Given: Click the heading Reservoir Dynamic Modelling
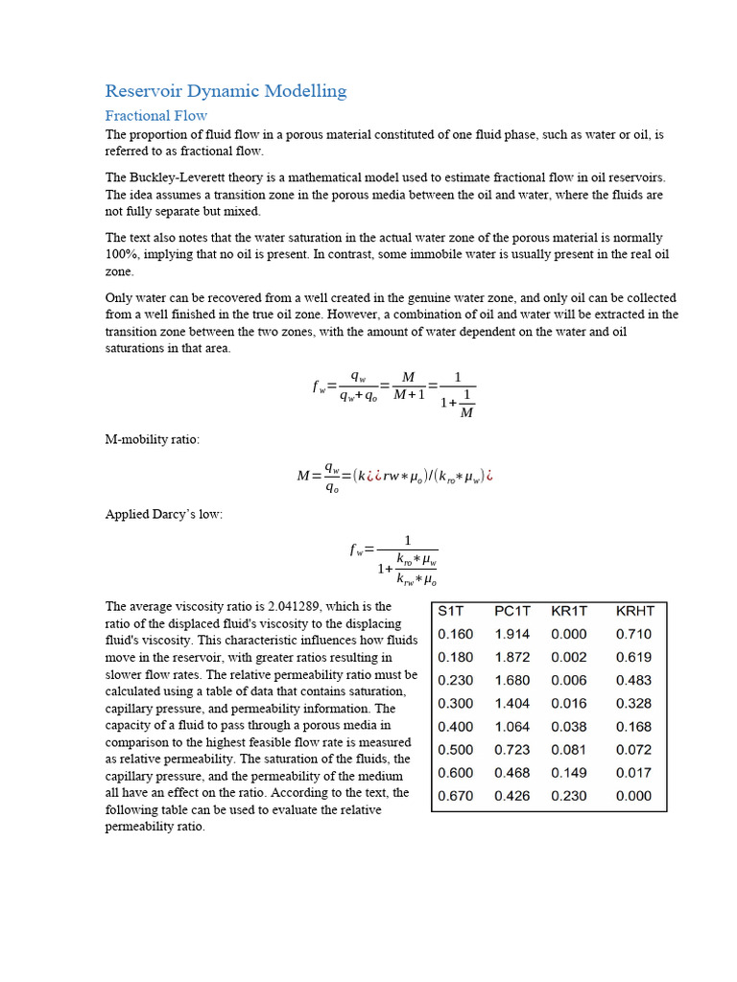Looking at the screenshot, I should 226,91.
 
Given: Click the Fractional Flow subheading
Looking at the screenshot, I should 155,115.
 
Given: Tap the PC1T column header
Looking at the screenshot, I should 513,611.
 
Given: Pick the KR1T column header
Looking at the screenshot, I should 570,611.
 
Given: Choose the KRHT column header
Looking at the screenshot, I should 635,611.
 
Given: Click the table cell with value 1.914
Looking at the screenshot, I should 511,634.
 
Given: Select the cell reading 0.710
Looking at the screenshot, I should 633,634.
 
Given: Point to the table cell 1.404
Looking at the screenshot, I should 511,703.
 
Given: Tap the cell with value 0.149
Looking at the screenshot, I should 569,772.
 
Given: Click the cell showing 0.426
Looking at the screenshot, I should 511,795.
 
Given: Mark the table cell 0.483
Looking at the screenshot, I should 633,680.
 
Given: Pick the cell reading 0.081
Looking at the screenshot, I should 569,749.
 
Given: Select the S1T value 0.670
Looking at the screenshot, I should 455,795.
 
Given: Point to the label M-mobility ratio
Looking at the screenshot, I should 153,438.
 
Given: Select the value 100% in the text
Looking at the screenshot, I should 120,254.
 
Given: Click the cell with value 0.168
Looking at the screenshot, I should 633,726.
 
